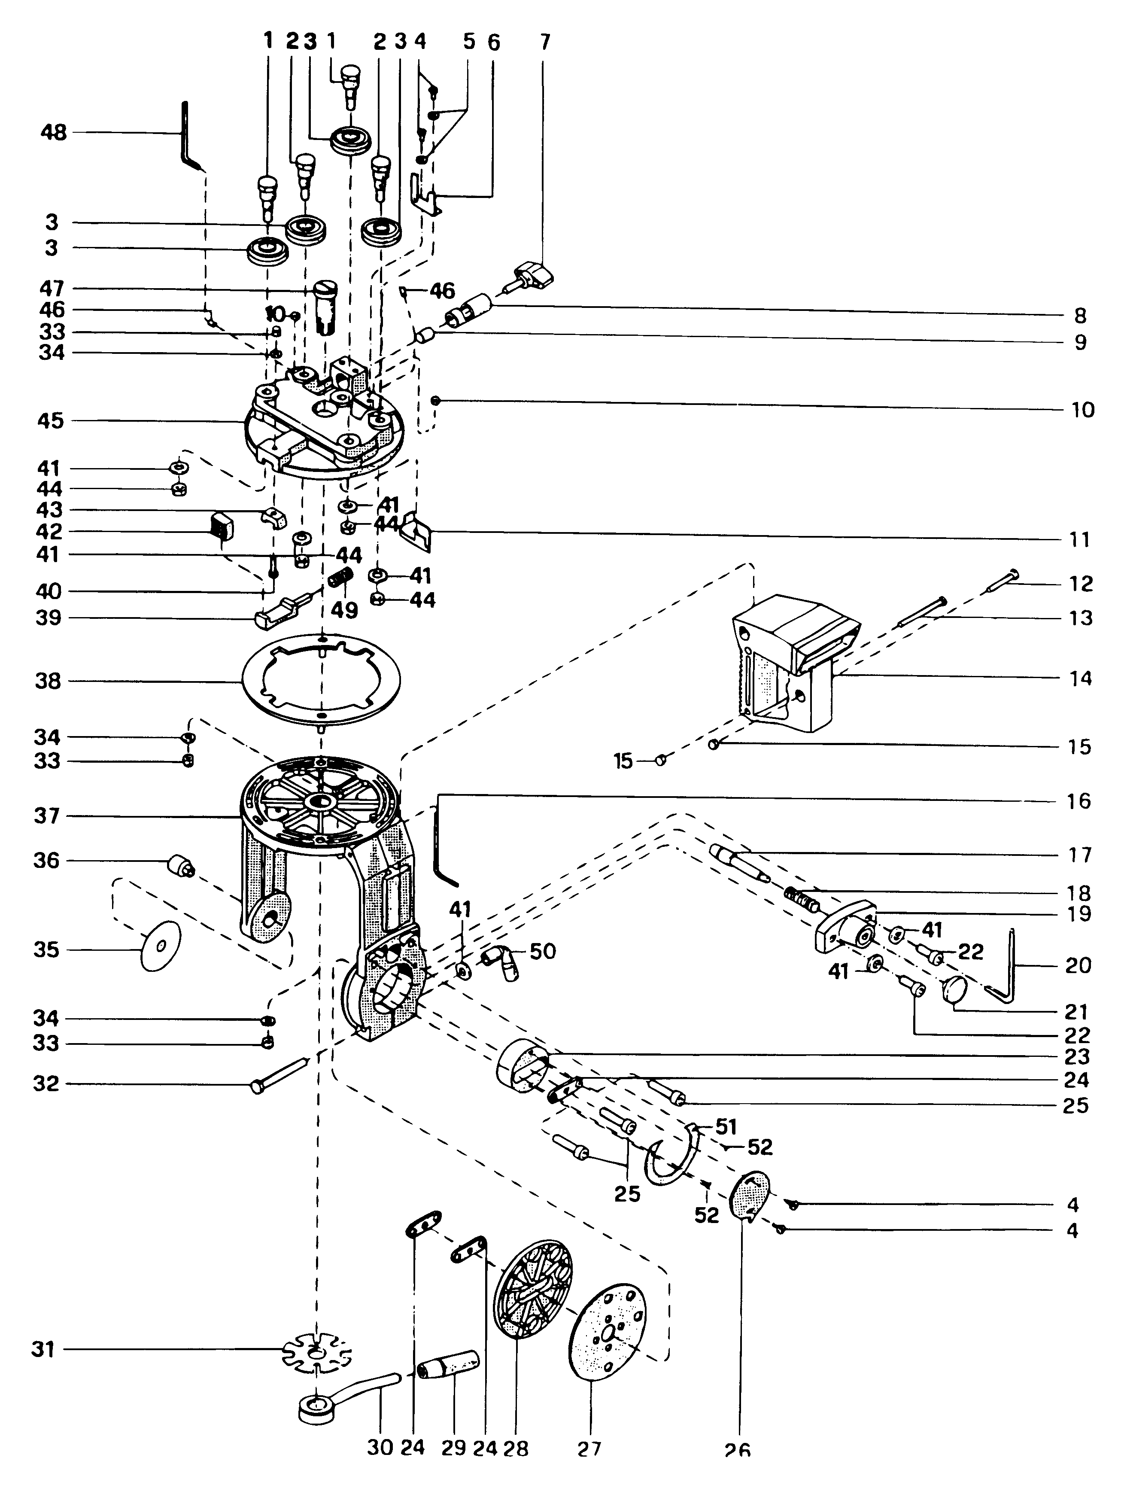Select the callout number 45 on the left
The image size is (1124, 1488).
point(51,421)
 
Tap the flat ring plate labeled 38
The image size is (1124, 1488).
point(322,683)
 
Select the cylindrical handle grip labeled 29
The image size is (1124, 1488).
point(448,1365)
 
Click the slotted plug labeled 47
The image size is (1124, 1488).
point(327,306)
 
